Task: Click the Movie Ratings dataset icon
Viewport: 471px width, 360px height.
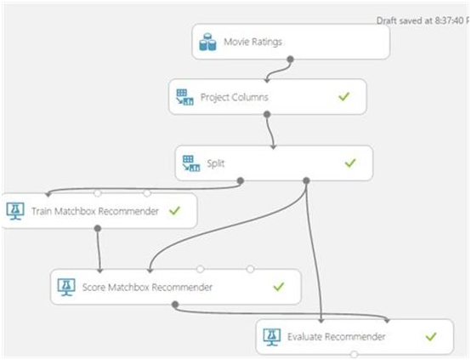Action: (x=207, y=42)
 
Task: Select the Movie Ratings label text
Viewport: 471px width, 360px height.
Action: (x=253, y=42)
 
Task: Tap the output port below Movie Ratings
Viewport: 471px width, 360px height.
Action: (x=290, y=60)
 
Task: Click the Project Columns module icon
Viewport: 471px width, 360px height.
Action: (x=184, y=97)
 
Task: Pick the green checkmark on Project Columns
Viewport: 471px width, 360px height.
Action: (x=344, y=96)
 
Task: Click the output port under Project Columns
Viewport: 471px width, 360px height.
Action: (x=267, y=114)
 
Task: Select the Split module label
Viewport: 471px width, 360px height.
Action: (x=216, y=163)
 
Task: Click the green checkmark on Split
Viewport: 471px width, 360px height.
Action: (x=350, y=163)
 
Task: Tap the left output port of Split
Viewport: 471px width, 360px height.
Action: (x=241, y=180)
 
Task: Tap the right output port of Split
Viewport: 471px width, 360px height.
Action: (x=306, y=180)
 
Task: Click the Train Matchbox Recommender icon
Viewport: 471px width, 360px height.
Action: (x=15, y=211)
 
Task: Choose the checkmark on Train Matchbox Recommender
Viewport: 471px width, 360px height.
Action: (x=174, y=210)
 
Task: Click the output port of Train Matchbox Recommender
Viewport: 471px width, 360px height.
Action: (x=97, y=229)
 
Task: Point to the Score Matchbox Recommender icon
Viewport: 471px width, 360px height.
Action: (x=66, y=287)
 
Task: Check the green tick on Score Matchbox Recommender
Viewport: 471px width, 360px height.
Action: (x=279, y=287)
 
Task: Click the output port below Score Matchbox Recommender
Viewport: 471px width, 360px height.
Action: (x=175, y=305)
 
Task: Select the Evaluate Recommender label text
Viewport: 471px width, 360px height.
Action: (x=337, y=337)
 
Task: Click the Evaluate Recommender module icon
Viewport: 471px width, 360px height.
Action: (x=272, y=337)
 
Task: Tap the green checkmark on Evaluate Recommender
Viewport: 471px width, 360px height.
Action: (x=431, y=336)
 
